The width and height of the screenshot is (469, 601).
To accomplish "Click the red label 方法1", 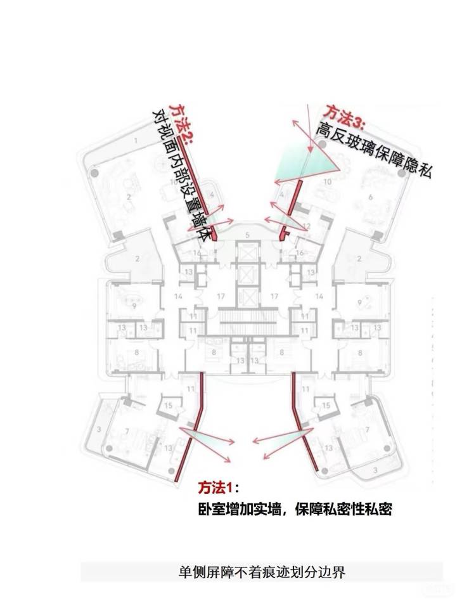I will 217,487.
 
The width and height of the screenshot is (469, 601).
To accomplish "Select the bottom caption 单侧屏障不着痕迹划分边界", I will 262,573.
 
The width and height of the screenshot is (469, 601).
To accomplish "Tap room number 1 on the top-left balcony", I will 136,139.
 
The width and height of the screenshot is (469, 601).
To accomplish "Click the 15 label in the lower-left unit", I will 168,405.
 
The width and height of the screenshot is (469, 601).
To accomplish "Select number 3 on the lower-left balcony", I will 99,430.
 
